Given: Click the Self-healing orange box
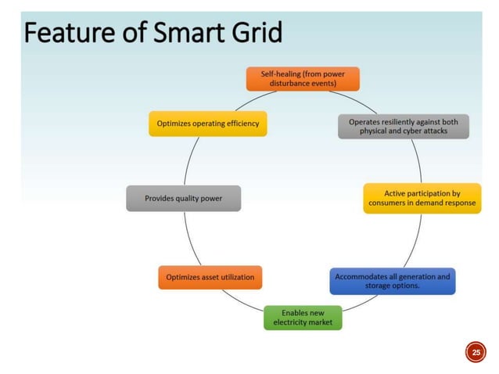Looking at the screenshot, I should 302,79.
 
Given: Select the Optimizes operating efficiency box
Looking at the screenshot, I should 208,124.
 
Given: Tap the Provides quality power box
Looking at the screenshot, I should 183,198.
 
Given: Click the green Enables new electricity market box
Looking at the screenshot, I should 303,317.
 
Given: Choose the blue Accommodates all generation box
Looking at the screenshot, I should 392,281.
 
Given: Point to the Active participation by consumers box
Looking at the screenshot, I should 422,197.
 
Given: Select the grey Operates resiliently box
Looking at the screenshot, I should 403,126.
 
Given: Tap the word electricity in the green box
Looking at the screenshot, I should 291,322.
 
